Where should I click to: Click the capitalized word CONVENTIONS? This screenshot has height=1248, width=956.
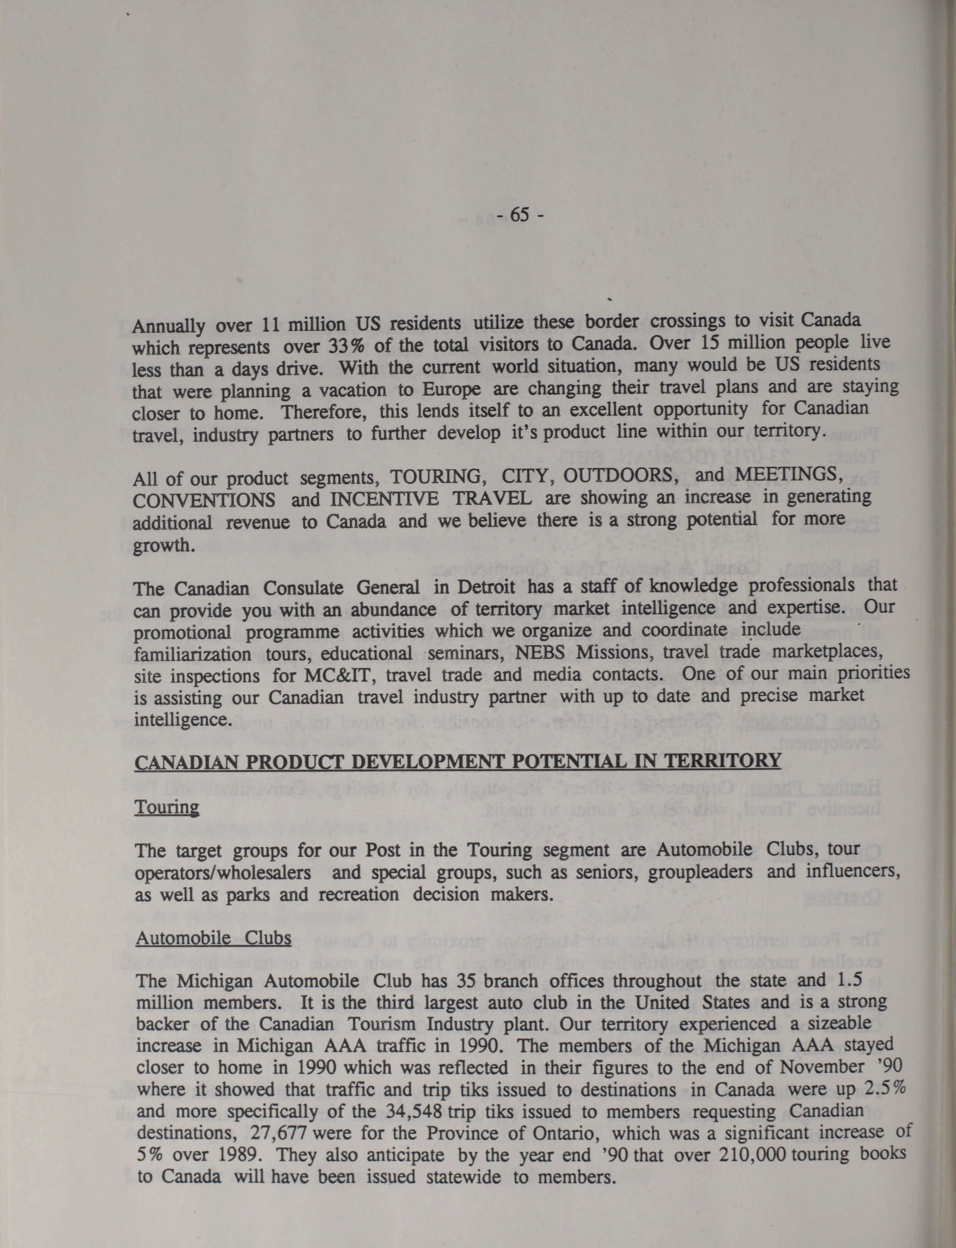click(204, 500)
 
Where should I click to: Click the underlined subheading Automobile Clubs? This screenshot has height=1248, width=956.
click(213, 937)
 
